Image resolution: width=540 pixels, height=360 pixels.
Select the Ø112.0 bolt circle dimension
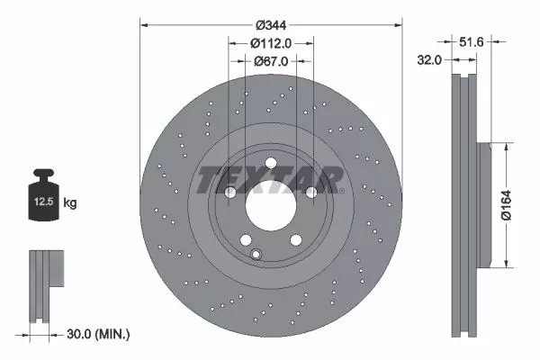pyautogui.click(x=271, y=42)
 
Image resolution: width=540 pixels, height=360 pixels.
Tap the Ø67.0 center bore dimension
pyautogui.click(x=271, y=60)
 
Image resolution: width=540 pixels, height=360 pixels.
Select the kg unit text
pyautogui.click(x=69, y=203)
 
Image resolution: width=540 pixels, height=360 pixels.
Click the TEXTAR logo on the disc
pyautogui.click(x=270, y=180)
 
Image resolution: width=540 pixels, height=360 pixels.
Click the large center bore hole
pyautogui.click(x=270, y=203)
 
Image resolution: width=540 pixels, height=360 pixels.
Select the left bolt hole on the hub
pyautogui.click(x=230, y=192)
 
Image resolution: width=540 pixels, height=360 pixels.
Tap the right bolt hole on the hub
pyautogui.click(x=310, y=192)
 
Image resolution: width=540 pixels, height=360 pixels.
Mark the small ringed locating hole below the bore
pyautogui.click(x=256, y=255)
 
